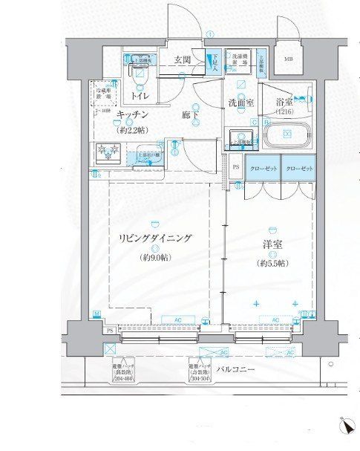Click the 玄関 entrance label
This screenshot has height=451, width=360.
(183, 60)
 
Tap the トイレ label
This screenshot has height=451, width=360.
(139, 97)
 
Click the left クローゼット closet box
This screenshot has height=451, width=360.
(263, 170)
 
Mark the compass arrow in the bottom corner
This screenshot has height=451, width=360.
(346, 426)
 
